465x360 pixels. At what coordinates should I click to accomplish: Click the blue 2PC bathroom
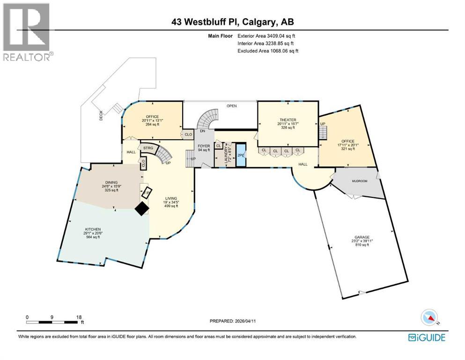[241, 154]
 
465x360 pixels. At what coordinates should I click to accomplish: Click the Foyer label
[204, 146]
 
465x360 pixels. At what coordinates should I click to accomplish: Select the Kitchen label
[93, 230]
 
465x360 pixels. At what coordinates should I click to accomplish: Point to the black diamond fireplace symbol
[142, 209]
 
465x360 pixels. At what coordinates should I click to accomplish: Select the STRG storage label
[148, 148]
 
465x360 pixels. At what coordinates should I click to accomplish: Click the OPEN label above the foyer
[231, 106]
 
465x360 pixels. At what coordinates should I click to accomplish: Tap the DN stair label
[202, 131]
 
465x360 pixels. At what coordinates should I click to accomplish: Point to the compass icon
[429, 317]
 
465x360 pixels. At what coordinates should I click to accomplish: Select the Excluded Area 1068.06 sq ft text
[268, 51]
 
